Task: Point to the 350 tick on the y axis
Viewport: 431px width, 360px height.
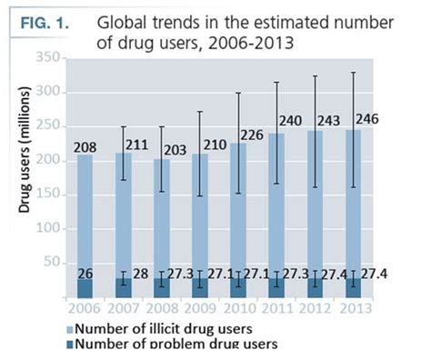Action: tap(47, 57)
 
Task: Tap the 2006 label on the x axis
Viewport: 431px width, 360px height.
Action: tap(83, 308)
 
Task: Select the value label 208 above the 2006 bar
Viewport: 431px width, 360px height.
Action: tap(80, 146)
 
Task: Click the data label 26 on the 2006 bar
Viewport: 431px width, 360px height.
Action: tap(80, 274)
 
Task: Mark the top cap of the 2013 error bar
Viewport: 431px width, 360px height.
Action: tap(328, 72)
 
